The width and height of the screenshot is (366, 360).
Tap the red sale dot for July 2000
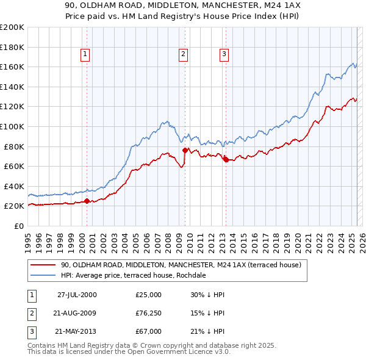87,200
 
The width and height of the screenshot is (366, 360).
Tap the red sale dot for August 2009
185,149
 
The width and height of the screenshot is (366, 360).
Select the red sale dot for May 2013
226,159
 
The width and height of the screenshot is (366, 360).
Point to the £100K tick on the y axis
13,126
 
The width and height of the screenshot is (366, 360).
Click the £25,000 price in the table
148,295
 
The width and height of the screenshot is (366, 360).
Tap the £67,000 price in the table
148,331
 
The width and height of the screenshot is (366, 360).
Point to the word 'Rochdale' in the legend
191,275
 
